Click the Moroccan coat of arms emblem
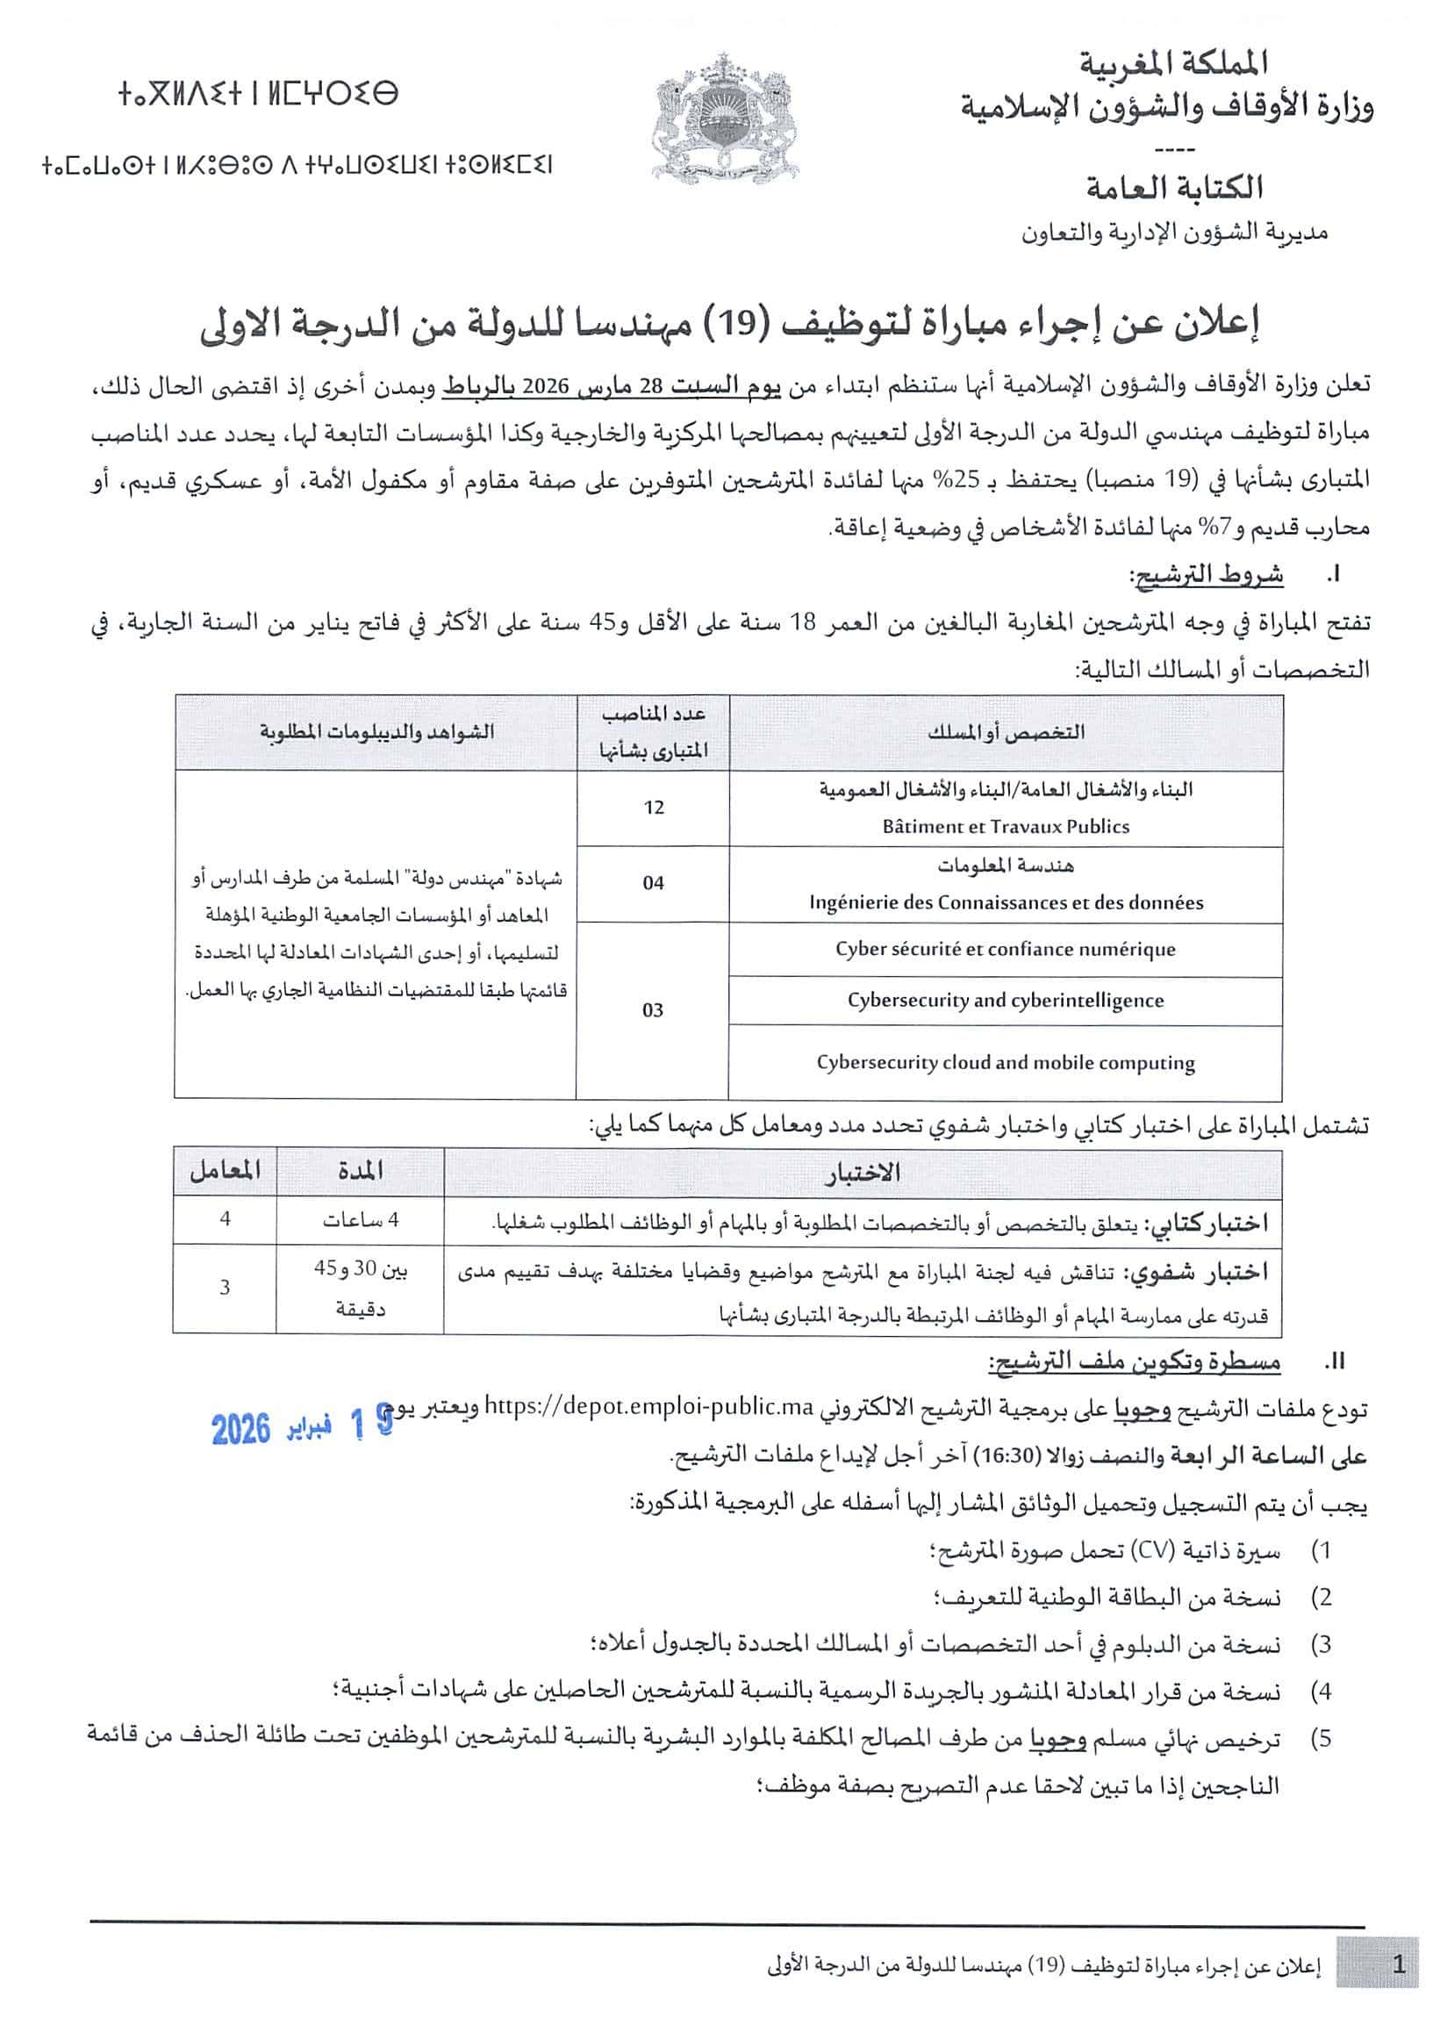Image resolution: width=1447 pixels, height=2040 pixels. point(722,117)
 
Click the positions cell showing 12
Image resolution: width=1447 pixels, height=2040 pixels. point(653,808)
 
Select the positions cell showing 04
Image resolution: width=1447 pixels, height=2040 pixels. point(653,883)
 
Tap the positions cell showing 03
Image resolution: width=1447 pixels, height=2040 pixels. point(652,1010)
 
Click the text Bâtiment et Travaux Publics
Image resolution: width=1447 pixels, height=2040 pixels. point(1005,827)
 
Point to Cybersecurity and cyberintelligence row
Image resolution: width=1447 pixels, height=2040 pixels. point(1005,1001)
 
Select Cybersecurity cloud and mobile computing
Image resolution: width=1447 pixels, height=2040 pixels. point(1005,1063)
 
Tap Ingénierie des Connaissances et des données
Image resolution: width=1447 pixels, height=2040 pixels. point(1005,902)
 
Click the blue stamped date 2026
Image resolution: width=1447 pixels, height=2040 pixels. point(241,1430)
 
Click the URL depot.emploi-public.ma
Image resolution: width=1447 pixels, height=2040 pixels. point(649,1407)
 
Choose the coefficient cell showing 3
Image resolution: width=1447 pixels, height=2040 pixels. point(225,1287)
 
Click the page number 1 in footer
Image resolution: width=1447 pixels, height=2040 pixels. point(1398,1965)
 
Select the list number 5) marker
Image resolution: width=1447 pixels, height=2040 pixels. point(1322,1739)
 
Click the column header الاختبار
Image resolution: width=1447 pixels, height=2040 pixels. point(862,1173)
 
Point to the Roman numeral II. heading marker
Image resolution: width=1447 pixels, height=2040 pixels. point(1334,1361)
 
